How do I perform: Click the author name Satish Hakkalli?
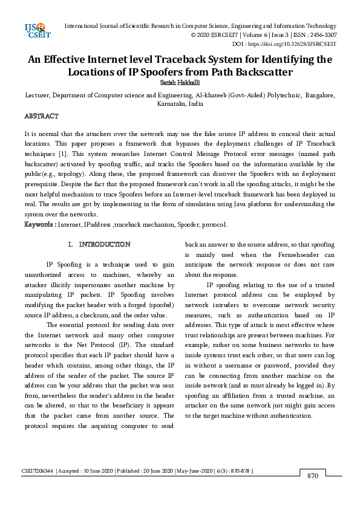[x=180, y=82]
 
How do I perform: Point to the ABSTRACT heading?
[x=41, y=115]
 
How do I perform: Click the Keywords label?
[x=40, y=224]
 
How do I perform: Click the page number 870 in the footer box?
[x=312, y=476]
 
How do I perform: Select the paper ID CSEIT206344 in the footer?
[x=38, y=471]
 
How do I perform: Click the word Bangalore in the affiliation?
[x=320, y=95]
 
